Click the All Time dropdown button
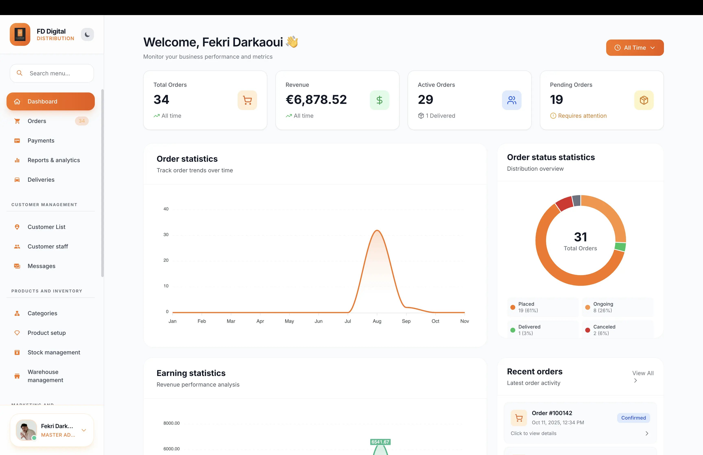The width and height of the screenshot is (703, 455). coord(635,48)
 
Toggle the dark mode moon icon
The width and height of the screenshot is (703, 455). coord(87,35)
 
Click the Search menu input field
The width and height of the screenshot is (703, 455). coord(52,73)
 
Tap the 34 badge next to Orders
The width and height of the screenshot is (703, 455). coord(82,121)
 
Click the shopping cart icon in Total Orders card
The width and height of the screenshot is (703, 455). coord(247,100)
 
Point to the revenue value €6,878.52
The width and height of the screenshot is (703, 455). coord(316,100)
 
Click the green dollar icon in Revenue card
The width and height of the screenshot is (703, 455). coord(379,100)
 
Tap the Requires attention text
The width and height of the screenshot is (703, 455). coord(582,116)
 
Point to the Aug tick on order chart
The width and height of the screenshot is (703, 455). coord(377,321)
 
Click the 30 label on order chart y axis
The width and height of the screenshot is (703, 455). coord(166,235)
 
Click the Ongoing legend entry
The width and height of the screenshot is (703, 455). coord(603,307)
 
